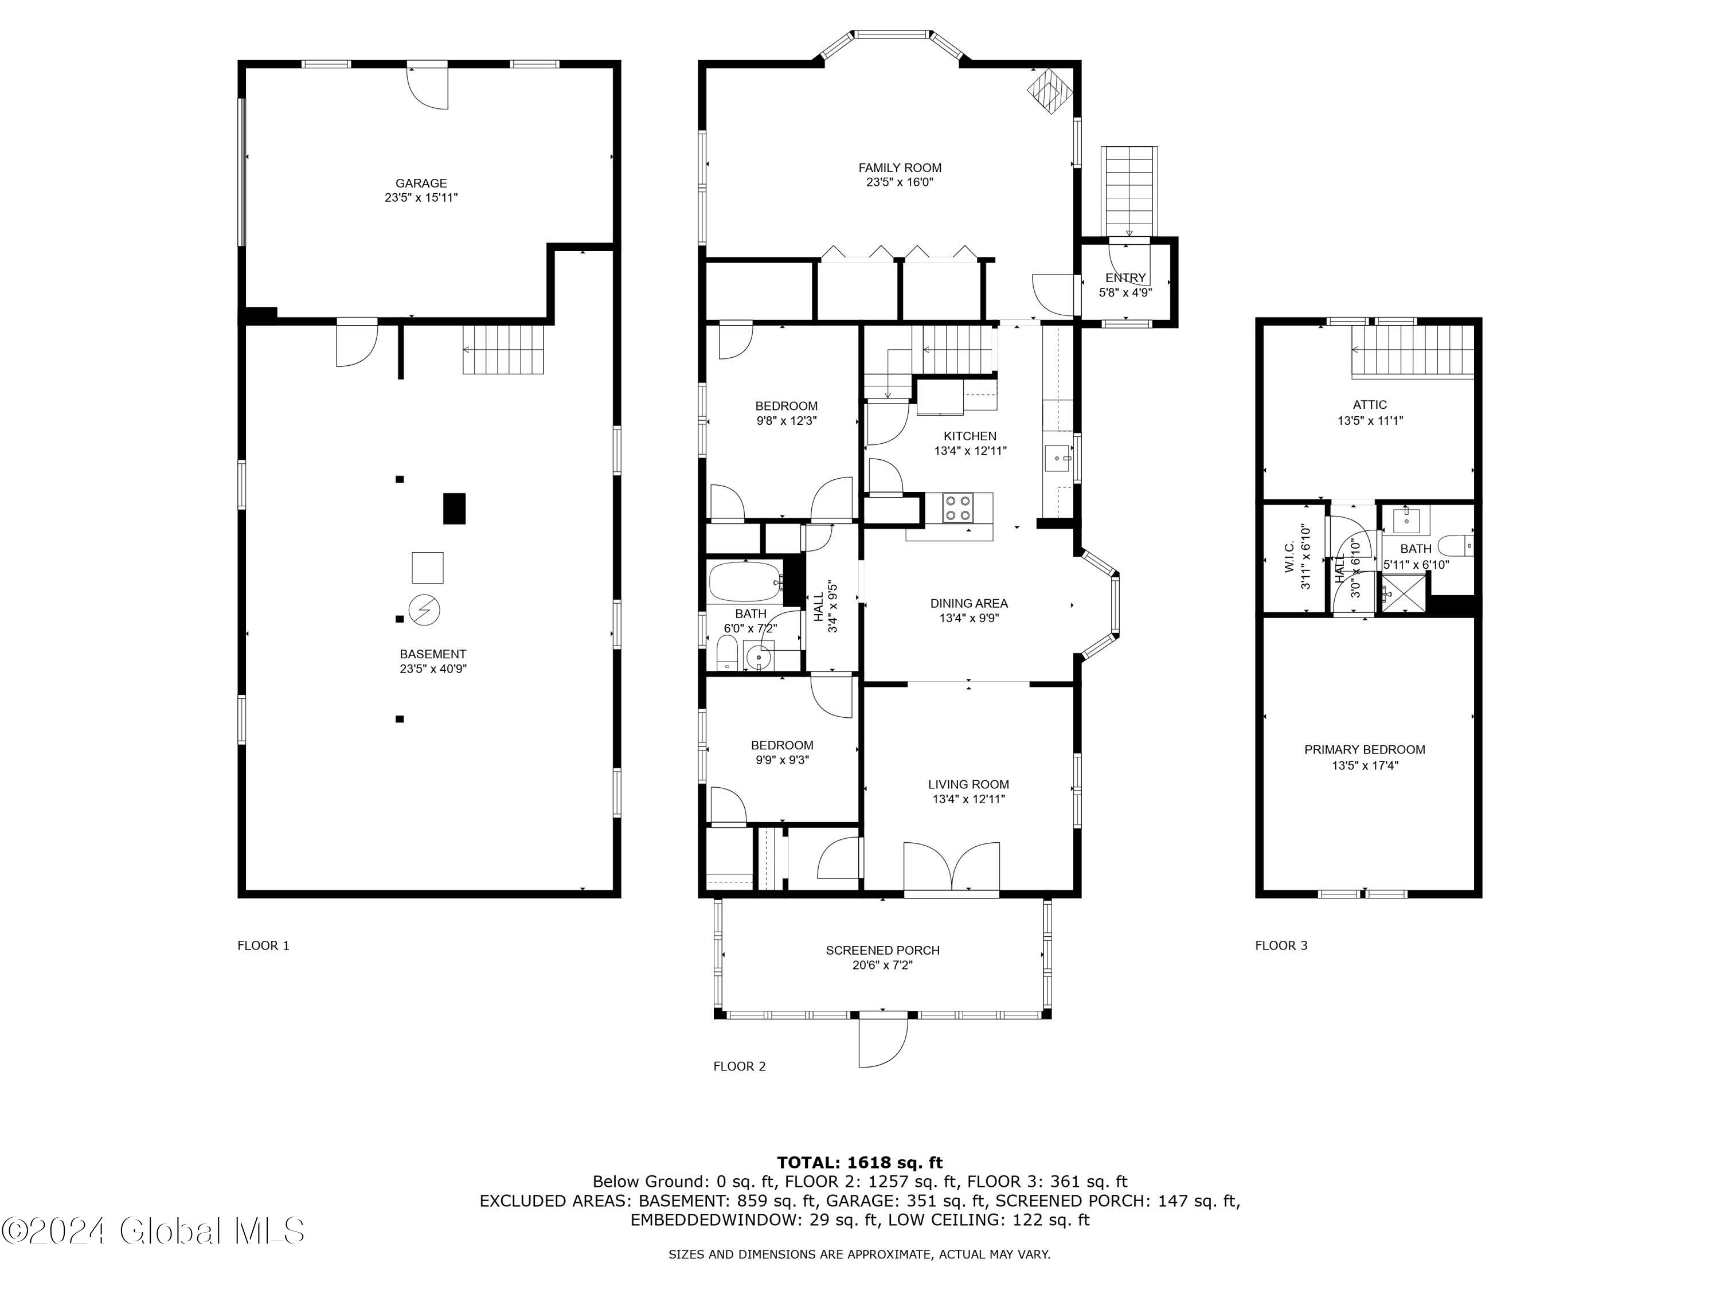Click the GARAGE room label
click(421, 183)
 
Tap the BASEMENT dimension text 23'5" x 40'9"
click(433, 669)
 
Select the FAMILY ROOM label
click(900, 168)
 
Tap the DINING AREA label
click(969, 603)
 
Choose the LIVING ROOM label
click(969, 784)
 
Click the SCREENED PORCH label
click(882, 950)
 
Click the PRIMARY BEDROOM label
click(1365, 749)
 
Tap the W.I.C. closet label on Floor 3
click(1288, 557)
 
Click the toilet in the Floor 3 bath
click(1455, 545)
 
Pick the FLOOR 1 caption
click(264, 945)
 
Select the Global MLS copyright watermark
click(153, 1231)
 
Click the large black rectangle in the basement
click(454, 509)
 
